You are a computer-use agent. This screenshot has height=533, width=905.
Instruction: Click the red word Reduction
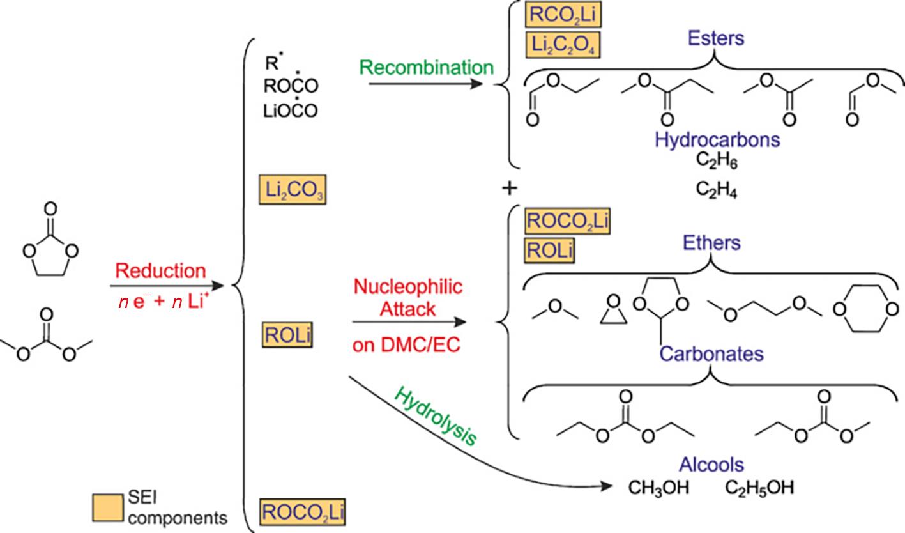point(160,270)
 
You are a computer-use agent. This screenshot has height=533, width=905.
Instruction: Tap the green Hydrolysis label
point(436,416)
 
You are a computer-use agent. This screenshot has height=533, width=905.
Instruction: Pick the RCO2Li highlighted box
point(563,13)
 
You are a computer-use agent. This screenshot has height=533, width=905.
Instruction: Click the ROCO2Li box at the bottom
point(303,512)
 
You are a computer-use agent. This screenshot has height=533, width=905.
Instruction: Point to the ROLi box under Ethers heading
point(549,251)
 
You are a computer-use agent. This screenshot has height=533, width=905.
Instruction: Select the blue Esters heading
point(716,38)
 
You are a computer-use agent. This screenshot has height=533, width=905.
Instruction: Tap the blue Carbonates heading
point(711,353)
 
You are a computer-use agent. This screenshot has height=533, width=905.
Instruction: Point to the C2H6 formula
point(717,162)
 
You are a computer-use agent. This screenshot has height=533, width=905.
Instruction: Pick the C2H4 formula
point(717,191)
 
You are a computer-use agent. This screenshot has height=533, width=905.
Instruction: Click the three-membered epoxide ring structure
point(610,312)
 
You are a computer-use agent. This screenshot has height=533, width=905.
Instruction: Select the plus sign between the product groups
point(510,188)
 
